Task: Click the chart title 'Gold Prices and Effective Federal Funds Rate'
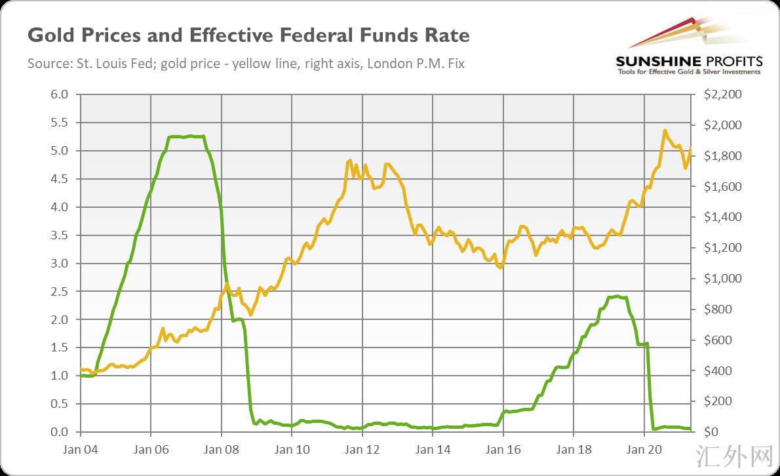click(248, 35)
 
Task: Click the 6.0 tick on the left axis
click(60, 94)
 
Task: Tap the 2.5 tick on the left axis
click(60, 291)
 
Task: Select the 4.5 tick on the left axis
click(60, 179)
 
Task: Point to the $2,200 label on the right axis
click(723, 94)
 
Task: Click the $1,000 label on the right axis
click(723, 279)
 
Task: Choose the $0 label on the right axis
click(711, 432)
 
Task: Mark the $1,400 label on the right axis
click(723, 217)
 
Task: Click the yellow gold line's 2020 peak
click(665, 130)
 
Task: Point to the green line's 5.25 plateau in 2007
click(187, 136)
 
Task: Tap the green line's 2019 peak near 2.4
click(616, 296)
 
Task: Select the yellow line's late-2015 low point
click(500, 268)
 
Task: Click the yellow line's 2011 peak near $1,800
click(349, 160)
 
